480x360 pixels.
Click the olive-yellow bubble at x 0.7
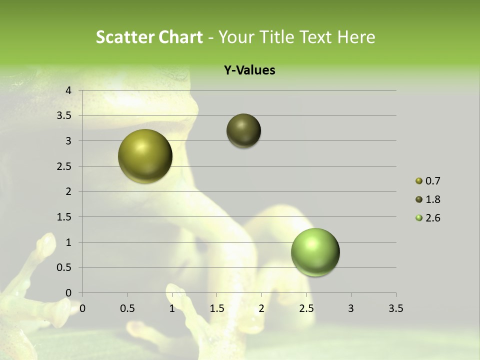[x=145, y=156]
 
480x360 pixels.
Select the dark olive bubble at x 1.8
[x=243, y=131]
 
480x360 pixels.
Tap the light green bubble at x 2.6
[x=315, y=252]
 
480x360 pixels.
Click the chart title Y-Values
[x=249, y=70]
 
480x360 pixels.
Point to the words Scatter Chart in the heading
[x=149, y=37]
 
